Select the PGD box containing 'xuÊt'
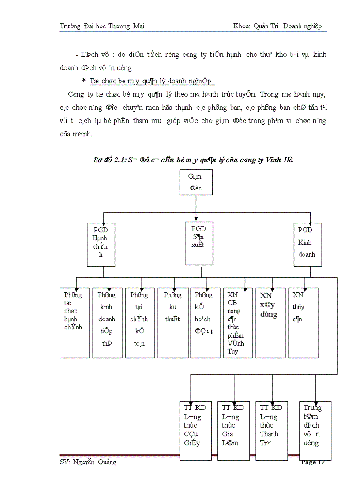[x=199, y=243]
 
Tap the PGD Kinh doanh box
[x=307, y=245]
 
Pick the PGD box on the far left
[x=101, y=245]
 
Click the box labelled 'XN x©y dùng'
[x=270, y=323]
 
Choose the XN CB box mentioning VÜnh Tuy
[x=238, y=323]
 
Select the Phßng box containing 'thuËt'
[x=172, y=323]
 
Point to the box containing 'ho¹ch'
[x=205, y=323]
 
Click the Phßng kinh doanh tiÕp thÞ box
[x=107, y=323]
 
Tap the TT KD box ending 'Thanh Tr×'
[x=271, y=430]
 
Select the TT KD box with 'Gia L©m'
[x=233, y=430]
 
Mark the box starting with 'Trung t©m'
[x=315, y=430]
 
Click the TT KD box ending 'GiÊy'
[x=195, y=430]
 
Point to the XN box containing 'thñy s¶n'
[x=303, y=323]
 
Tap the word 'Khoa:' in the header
[x=242, y=26]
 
